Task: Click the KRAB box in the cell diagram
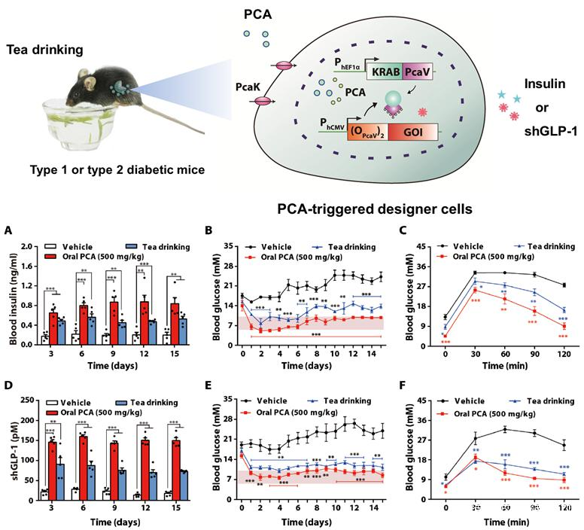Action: pos(384,72)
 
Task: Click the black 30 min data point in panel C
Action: pos(475,273)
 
